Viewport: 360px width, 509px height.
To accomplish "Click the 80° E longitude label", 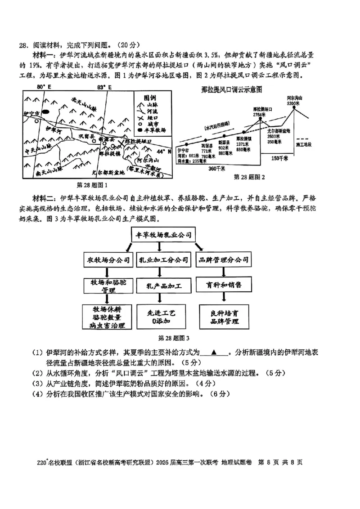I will click(x=45, y=86).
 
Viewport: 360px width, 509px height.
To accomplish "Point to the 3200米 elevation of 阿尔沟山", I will click(x=293, y=103).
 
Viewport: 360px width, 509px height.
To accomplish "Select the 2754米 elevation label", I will click(x=261, y=115).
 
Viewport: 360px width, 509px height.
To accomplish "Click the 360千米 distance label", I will click(x=216, y=169).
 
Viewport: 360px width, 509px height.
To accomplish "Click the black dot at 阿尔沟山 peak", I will click(x=293, y=108).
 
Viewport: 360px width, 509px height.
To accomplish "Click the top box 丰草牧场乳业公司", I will click(x=161, y=235).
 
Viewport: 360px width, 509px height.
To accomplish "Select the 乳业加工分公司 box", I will click(x=161, y=260).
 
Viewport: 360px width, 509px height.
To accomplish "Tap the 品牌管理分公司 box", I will click(x=224, y=260).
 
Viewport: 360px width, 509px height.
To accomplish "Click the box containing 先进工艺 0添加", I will click(x=161, y=317).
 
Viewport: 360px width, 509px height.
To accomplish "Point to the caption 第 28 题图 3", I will click(x=161, y=338).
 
